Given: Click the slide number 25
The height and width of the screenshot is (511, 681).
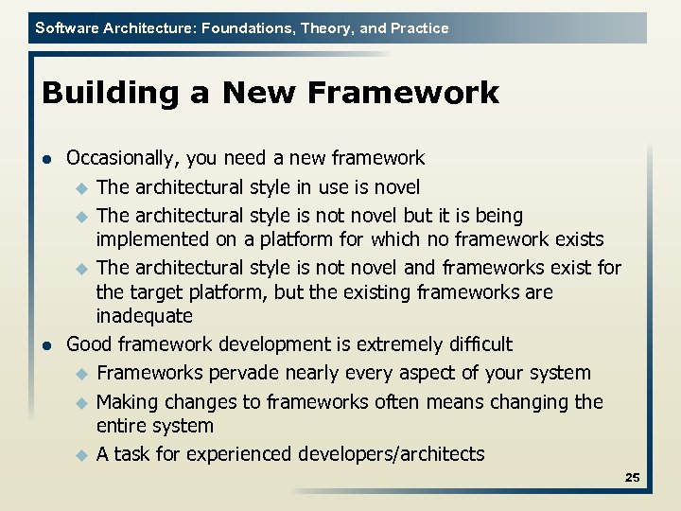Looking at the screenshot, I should (632, 478).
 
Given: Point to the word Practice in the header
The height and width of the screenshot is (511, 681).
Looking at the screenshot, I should (419, 28).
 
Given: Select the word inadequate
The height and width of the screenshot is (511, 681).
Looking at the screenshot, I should (144, 316).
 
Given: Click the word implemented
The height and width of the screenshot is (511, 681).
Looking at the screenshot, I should (155, 238).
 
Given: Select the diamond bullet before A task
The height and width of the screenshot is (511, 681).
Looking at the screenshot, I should (81, 455).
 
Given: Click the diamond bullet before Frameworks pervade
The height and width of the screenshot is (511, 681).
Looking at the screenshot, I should (81, 374).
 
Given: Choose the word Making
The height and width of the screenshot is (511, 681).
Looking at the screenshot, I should (129, 402).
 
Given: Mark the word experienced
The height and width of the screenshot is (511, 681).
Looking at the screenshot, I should (238, 454).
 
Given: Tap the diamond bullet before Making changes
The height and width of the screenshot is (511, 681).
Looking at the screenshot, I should (81, 403).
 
